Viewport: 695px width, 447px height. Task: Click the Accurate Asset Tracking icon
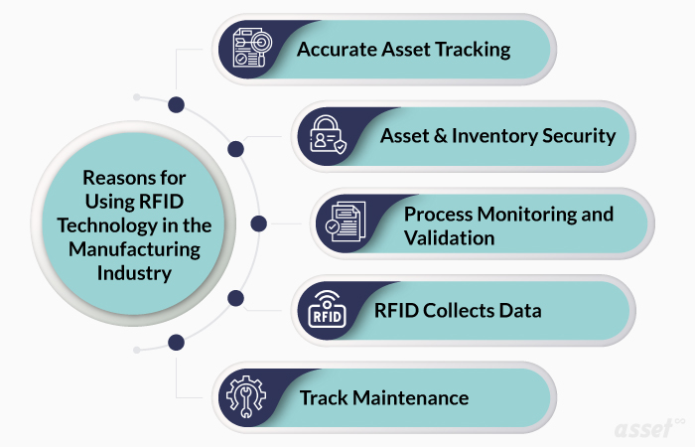(x=250, y=48)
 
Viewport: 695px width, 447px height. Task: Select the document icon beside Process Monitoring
(x=347, y=224)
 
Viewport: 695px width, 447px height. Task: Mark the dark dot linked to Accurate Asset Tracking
(x=177, y=103)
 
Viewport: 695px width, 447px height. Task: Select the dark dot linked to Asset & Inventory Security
(x=235, y=149)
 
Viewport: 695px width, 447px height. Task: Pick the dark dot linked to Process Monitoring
(x=259, y=223)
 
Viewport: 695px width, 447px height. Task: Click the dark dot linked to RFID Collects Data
(x=235, y=297)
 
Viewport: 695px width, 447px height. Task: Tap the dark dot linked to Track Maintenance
(x=177, y=343)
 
